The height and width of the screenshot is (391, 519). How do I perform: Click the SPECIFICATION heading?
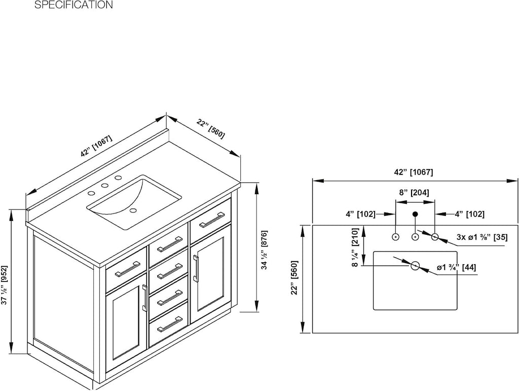(73, 5)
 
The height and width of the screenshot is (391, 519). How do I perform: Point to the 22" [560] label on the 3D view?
(211, 129)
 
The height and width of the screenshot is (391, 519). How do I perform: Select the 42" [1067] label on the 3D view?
(96, 146)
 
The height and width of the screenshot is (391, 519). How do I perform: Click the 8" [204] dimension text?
(414, 193)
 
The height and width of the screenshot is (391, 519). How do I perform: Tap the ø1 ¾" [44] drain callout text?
(457, 267)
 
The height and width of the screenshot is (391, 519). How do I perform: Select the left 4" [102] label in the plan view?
(360, 214)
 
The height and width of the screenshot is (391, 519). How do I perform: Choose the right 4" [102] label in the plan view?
(469, 214)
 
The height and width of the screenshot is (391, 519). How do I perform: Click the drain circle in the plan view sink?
(415, 266)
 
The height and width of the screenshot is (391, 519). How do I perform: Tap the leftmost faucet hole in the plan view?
(395, 237)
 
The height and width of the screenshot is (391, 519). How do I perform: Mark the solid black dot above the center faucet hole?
(415, 214)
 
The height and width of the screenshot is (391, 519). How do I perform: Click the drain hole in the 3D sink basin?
(133, 210)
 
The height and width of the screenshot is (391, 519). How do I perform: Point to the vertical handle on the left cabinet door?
(144, 298)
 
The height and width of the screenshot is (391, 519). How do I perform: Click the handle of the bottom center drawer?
(170, 324)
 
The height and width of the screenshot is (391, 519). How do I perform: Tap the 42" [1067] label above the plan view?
(414, 172)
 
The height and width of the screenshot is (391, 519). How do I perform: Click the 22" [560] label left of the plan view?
(294, 277)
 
